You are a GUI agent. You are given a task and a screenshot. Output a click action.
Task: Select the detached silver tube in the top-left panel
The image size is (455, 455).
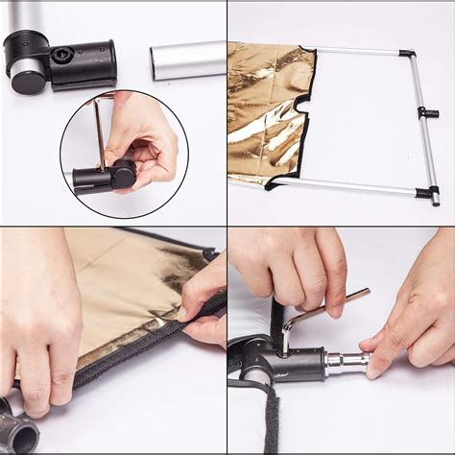[x=188, y=60]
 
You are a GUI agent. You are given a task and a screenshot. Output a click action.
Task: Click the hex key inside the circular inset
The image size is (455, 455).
[x=99, y=134]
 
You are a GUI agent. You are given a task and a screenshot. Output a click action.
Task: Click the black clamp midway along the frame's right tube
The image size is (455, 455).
[x=427, y=112]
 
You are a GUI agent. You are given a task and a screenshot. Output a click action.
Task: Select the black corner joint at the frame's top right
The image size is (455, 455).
[x=408, y=54]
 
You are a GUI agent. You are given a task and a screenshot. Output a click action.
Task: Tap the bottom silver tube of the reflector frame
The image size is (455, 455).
[x=355, y=187]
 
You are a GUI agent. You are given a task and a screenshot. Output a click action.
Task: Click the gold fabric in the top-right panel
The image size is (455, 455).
[x=264, y=106]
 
